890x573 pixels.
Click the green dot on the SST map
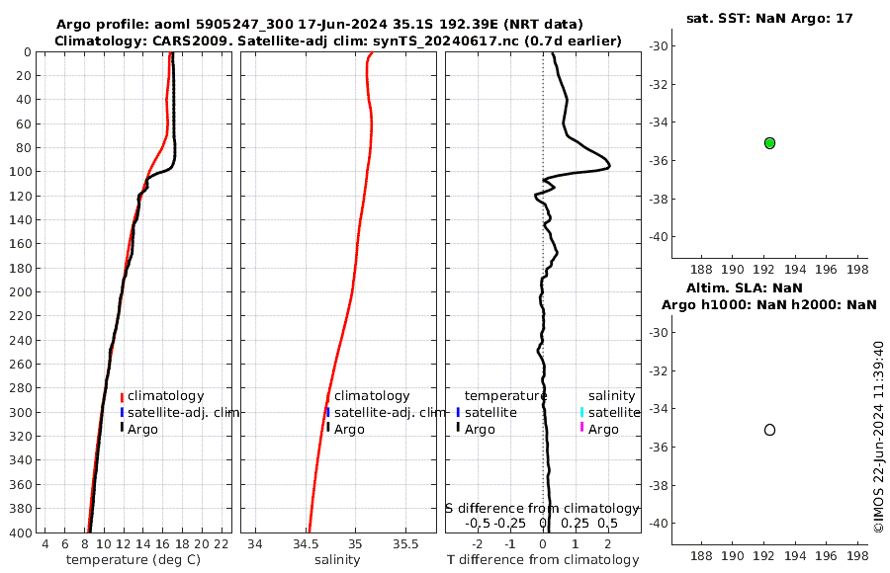[769, 143]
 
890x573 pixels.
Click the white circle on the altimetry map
[769, 430]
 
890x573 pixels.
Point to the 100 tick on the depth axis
[22, 172]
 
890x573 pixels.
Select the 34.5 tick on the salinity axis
[307, 544]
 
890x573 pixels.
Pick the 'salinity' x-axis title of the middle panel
[337, 560]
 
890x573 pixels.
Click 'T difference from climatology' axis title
[543, 560]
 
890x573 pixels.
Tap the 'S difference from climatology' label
[543, 508]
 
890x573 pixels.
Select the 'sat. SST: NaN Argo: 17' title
[769, 18]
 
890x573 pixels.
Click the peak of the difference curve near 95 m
[609, 165]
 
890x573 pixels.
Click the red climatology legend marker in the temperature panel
[122, 396]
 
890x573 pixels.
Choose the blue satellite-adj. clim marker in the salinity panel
[327, 412]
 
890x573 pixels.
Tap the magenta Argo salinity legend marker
[582, 429]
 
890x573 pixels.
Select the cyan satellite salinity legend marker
[582, 412]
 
